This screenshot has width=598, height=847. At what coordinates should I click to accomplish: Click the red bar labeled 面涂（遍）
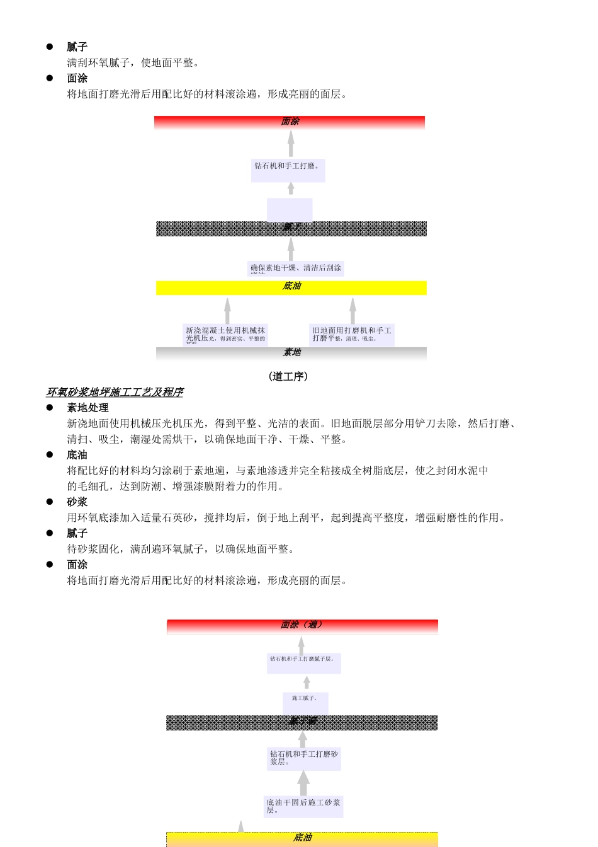click(x=302, y=625)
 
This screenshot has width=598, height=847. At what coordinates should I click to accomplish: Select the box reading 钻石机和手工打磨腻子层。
click(x=303, y=663)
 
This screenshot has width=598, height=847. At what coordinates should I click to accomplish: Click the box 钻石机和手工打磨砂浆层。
click(x=304, y=758)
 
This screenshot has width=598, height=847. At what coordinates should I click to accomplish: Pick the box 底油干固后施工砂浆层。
click(x=303, y=807)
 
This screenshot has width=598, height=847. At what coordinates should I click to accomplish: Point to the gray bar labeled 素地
click(x=291, y=353)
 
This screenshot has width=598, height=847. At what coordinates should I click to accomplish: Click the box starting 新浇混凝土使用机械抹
click(x=225, y=335)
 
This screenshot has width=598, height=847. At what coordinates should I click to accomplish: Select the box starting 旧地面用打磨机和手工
click(x=352, y=335)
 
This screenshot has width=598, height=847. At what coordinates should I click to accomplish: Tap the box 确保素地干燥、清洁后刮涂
click(x=296, y=268)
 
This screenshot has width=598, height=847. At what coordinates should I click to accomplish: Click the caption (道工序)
click(x=288, y=376)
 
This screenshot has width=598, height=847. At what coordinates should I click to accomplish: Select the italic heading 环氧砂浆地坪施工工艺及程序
click(x=115, y=392)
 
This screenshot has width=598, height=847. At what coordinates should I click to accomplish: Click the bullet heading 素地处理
click(x=87, y=408)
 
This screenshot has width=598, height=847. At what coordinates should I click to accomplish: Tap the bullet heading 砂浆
click(x=77, y=502)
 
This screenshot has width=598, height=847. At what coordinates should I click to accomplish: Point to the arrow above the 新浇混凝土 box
click(x=227, y=311)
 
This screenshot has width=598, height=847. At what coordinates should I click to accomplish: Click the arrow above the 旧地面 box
click(x=353, y=311)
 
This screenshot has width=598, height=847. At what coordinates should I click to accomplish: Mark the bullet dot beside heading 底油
click(x=50, y=454)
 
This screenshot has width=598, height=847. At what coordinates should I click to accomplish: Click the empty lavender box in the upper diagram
click(x=290, y=209)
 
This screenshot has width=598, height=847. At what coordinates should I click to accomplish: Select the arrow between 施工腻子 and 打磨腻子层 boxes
click(x=307, y=683)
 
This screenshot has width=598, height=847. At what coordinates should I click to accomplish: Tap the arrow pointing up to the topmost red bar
click(x=291, y=144)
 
